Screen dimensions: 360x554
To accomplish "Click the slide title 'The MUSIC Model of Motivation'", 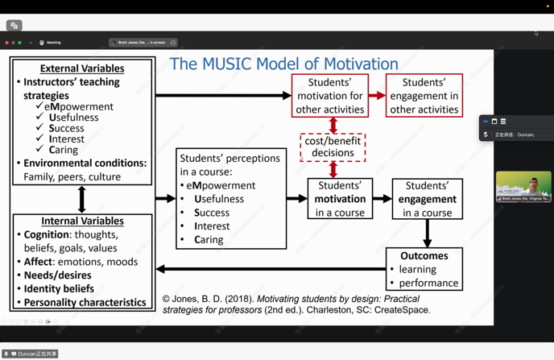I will pos(283,64).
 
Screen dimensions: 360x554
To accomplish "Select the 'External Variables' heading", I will pos(82,68).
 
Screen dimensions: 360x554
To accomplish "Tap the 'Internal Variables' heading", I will pos(82,221).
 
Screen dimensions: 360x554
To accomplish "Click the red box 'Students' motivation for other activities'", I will pos(330,96).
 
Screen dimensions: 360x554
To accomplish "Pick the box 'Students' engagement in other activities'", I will pos(424,96).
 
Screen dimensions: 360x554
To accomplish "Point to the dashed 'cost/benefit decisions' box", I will pos(333,147).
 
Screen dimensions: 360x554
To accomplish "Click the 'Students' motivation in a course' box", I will pos(340,199).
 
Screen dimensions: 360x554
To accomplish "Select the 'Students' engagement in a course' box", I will pos(427,199).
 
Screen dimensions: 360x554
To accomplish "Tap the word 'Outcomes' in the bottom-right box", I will pos(424,255).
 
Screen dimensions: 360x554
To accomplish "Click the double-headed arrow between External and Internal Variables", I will pos(81,199).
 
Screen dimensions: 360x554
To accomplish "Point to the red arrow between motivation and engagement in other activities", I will pos(377,96).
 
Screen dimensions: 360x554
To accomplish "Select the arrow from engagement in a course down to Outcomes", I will pos(427,233).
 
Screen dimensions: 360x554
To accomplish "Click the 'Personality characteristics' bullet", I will pos(85,302).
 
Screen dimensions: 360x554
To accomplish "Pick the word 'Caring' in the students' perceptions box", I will pos(210,239).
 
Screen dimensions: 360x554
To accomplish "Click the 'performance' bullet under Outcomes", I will pos(428,283).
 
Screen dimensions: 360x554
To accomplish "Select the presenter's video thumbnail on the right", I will pos(523,186).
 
